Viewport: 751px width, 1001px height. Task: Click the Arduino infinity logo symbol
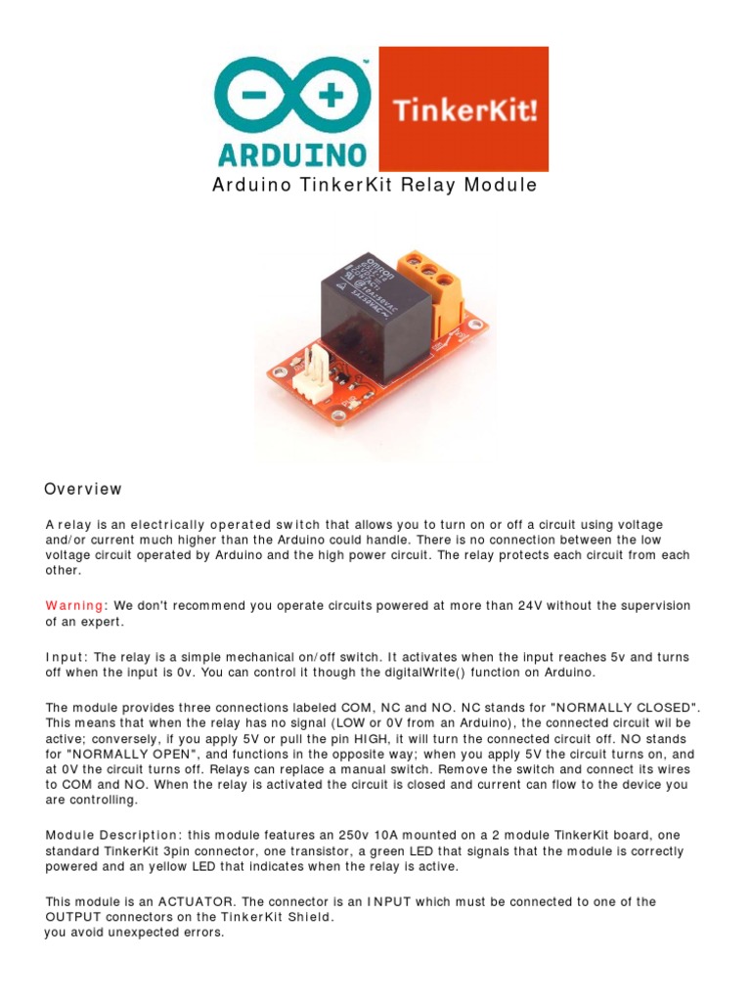291,98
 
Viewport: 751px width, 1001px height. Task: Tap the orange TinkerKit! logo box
464,109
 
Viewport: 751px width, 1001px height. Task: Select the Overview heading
83,489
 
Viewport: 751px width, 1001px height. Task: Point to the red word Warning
73,606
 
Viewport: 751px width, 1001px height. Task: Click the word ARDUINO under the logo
292,154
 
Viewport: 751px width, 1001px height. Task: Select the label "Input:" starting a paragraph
66,657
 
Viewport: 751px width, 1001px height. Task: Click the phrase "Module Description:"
112,835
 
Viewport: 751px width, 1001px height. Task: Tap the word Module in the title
500,186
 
